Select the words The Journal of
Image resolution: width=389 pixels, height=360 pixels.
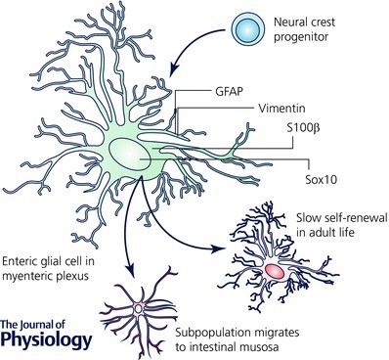pyautogui.click(x=36, y=324)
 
